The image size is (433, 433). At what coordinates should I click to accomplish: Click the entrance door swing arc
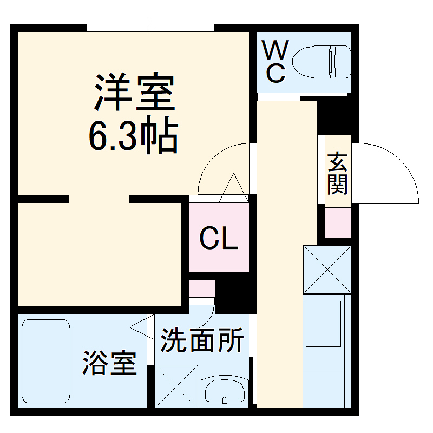[398, 162]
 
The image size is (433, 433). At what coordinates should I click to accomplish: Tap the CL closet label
[219, 238]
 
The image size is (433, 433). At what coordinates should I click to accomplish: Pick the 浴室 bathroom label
[109, 364]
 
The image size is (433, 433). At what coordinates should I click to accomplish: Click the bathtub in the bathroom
[45, 360]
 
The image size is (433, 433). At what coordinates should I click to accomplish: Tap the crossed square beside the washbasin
[176, 385]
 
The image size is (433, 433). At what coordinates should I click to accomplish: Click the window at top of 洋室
[150, 27]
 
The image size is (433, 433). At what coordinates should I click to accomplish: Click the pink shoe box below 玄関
[338, 221]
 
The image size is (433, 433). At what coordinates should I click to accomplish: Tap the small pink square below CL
[201, 288]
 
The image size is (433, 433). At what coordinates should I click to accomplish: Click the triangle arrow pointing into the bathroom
[140, 327]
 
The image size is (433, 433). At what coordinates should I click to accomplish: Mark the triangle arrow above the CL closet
[234, 187]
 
